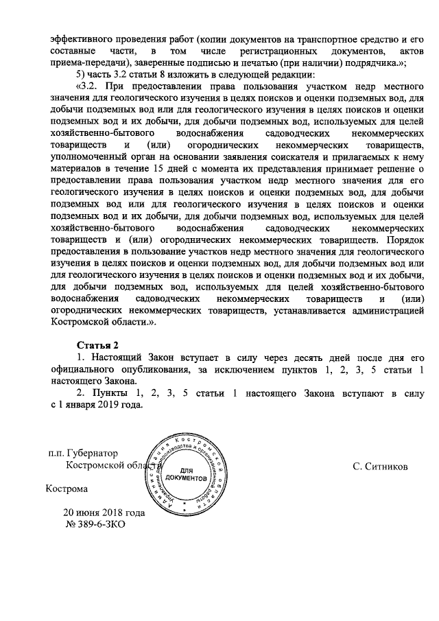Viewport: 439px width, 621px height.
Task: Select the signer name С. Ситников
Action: point(380,467)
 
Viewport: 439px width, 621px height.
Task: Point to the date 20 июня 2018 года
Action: point(104,513)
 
